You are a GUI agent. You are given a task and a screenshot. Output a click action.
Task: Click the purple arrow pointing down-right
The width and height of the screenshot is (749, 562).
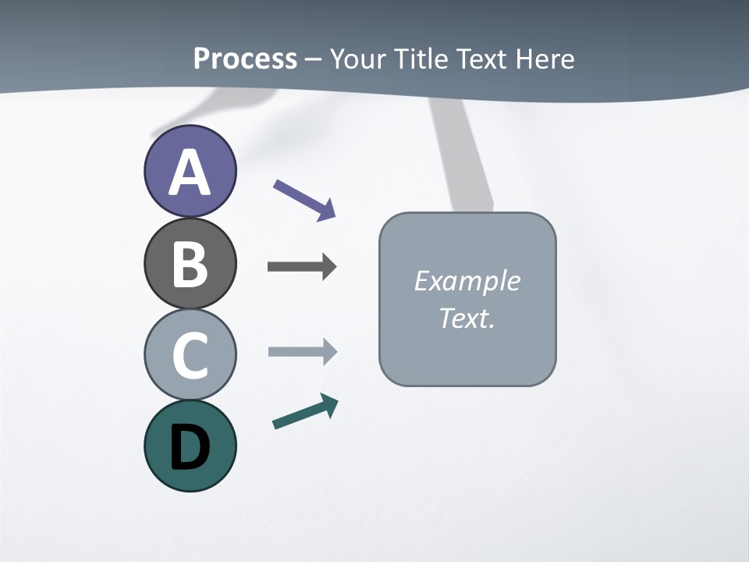click(x=304, y=200)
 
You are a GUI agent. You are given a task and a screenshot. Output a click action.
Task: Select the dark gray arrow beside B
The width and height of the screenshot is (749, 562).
click(x=301, y=267)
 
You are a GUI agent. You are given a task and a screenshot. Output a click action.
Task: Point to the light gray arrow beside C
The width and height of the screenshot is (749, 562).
click(x=301, y=352)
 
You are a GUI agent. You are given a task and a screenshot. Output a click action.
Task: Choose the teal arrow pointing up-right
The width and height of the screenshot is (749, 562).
click(x=304, y=412)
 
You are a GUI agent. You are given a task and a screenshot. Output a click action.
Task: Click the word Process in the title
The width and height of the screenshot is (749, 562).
click(x=245, y=59)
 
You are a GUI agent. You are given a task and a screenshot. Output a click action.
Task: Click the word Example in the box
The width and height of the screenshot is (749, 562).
click(x=467, y=281)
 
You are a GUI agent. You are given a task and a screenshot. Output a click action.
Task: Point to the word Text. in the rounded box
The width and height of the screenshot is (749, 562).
click(x=467, y=318)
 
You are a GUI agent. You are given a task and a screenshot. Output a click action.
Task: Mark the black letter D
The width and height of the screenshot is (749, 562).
click(x=190, y=448)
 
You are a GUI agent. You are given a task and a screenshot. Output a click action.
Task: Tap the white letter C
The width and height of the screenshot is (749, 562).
click(x=190, y=356)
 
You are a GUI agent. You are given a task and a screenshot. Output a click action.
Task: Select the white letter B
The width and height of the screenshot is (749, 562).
click(x=190, y=265)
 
